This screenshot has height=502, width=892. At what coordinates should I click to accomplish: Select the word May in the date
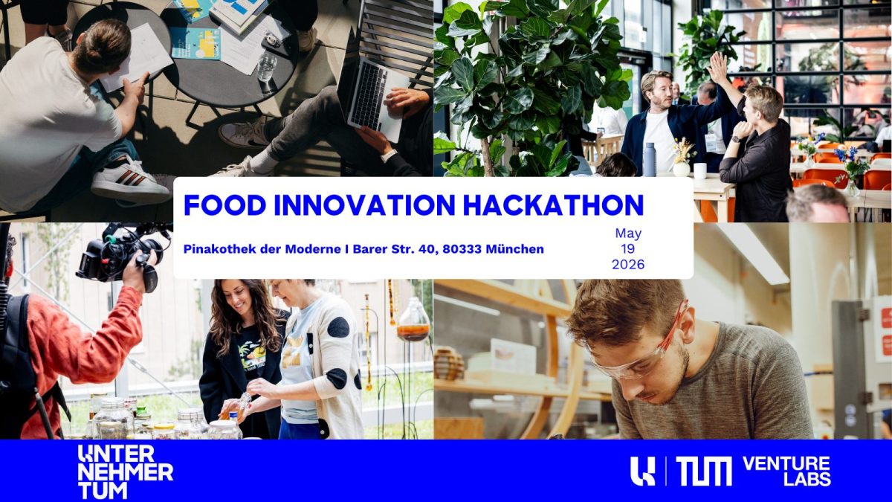point(628,234)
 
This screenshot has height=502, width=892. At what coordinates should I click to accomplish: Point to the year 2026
point(628,264)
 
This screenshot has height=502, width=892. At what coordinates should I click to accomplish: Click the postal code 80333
point(461,249)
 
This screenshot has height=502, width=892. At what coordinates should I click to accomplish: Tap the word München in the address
point(514,249)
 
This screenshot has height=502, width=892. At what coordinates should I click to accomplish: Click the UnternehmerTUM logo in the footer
point(125,472)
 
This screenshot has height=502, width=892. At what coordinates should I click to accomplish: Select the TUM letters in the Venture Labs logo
point(703,472)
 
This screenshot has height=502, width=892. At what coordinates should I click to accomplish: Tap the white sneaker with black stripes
point(129,181)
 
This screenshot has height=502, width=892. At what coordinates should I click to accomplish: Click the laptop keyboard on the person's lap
point(368,93)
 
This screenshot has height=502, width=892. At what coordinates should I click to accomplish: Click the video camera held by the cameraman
point(119,253)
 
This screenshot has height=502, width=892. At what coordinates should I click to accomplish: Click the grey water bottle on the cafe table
point(649,159)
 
